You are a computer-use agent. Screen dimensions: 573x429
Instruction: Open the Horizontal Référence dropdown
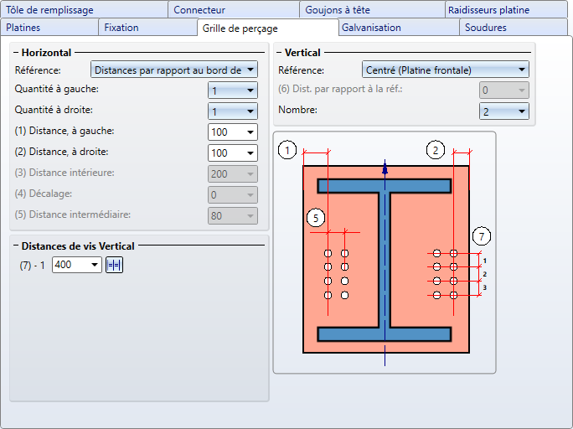(x=174, y=70)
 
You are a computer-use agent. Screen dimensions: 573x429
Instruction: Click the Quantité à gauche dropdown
(x=232, y=90)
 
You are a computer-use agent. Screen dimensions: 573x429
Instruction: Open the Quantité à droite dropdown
(x=232, y=111)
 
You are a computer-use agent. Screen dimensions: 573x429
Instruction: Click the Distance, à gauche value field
(x=232, y=132)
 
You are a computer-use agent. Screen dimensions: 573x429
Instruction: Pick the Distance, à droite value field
(x=232, y=152)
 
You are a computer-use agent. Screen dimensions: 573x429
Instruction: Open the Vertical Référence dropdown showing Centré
(x=445, y=70)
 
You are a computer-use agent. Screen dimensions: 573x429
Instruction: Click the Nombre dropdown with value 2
(x=504, y=111)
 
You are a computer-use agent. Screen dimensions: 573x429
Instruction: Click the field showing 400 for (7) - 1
(x=77, y=265)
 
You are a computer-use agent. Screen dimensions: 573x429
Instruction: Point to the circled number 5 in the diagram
(x=316, y=218)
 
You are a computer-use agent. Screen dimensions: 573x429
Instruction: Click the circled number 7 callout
(x=482, y=236)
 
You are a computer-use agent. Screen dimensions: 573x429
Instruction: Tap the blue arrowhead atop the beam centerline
(x=385, y=169)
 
